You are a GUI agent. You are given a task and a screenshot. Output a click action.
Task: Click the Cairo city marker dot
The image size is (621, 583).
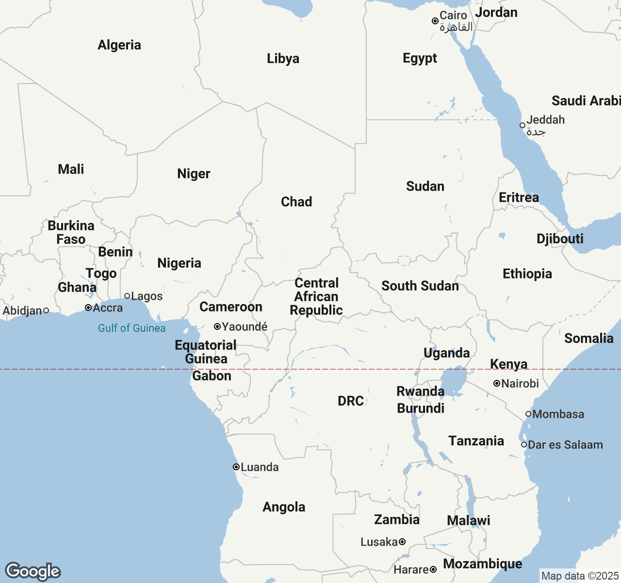click(435, 21)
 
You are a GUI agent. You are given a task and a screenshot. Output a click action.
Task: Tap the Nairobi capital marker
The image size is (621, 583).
click(497, 383)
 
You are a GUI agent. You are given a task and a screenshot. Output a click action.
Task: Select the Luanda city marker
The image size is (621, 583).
click(236, 467)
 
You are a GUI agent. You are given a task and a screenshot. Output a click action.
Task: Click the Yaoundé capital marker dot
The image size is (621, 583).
click(217, 326)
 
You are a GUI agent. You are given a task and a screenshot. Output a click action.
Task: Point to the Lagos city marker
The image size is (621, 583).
click(127, 296)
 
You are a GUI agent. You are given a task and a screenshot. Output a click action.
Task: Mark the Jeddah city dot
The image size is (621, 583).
click(523, 125)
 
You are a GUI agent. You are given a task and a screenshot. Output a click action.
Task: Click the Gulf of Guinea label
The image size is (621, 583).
click(131, 328)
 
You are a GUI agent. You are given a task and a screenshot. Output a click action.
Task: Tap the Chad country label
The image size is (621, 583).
click(296, 202)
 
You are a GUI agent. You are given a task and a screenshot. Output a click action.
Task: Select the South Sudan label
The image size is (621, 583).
click(420, 286)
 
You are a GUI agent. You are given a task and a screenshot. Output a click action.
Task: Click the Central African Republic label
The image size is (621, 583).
click(316, 296)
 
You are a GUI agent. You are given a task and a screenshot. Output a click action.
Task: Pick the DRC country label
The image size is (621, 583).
click(351, 401)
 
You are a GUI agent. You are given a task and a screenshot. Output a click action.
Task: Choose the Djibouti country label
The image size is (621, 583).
click(560, 239)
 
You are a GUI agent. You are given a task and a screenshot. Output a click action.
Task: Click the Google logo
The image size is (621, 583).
click(33, 571)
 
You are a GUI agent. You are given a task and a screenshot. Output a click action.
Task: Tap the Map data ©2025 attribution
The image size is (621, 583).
click(580, 576)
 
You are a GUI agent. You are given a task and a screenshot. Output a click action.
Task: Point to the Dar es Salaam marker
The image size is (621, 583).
click(524, 445)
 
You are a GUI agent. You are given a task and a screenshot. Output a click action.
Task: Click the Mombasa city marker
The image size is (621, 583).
click(528, 414)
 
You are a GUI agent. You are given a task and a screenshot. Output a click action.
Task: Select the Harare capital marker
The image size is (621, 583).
click(433, 569)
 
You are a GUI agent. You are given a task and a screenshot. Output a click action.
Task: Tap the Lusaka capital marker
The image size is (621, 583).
click(402, 542)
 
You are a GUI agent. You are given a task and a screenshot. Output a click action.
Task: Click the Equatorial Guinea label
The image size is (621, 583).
click(206, 352)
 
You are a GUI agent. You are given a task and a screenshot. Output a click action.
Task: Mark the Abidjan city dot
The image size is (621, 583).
click(46, 310)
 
